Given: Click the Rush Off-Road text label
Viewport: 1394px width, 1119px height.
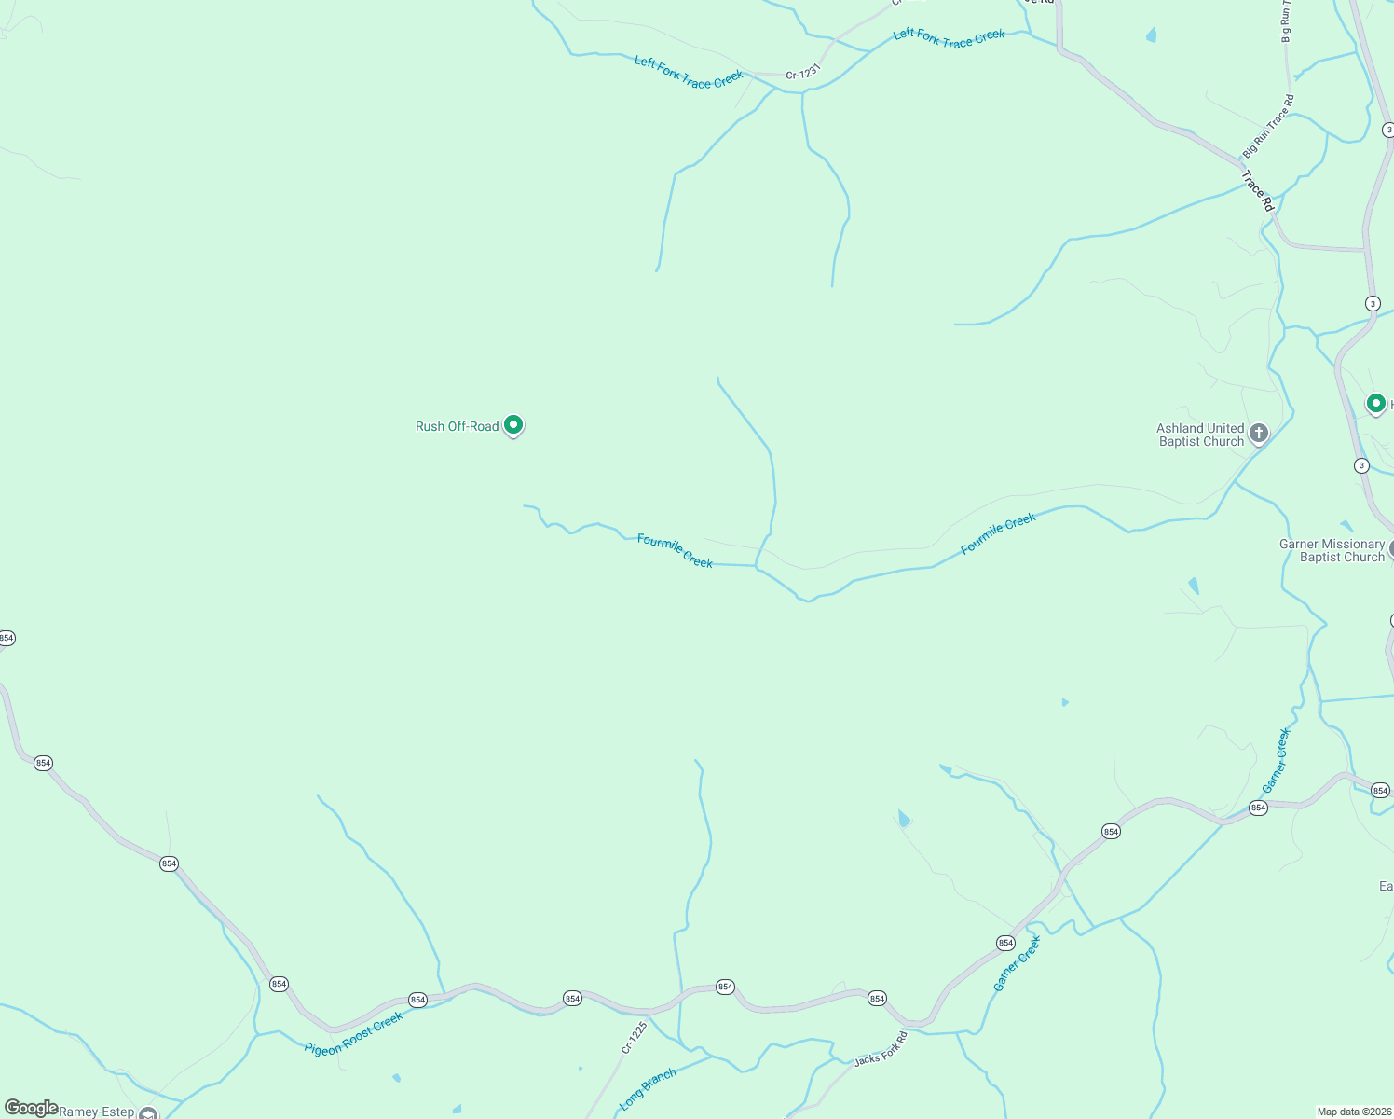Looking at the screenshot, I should pos(457,426).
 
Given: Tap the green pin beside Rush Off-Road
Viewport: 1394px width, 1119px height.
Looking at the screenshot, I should pos(512,425).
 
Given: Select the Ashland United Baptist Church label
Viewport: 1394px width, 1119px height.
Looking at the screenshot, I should pos(1200,435).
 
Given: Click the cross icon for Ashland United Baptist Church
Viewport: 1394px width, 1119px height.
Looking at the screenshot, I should pos(1259,433).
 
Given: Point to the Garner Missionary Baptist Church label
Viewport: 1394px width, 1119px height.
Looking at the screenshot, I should pos(1332,550).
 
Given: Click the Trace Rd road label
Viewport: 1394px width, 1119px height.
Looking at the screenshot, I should pos(1257,190).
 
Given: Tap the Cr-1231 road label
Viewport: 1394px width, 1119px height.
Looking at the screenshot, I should pos(802,73).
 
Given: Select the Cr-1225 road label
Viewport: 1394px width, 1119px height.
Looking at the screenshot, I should pos(635,1038).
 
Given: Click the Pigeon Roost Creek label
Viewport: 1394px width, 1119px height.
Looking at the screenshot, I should pos(354,1034).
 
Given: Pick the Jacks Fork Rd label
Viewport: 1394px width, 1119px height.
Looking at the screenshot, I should pos(881,1048).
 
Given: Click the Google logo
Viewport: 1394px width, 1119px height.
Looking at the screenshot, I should pos(31,1108).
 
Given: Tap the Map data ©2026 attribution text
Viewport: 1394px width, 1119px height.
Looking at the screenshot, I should pos(1352,1112).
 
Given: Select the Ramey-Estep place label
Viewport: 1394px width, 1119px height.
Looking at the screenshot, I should pos(97,1112).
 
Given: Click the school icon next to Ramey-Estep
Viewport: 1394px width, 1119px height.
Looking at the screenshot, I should pos(148,1112).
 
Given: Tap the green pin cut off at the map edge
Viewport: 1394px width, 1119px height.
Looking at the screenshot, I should pos(1376,404).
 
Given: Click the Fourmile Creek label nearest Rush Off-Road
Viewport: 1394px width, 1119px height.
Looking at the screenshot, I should pos(675,550).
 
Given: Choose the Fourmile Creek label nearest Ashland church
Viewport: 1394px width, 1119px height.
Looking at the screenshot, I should pos(998,534).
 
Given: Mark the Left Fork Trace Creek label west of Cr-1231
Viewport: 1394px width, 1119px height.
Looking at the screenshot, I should pos(689,73).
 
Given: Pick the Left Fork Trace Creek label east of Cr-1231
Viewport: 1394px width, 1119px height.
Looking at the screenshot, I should pos(949,38).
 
